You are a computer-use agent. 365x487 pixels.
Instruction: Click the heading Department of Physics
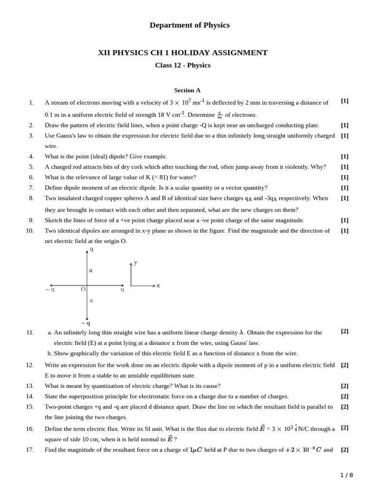pos(189,25)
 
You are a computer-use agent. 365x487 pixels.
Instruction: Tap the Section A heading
pos(187,90)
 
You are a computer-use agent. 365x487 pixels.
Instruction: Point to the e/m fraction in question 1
pos(220,115)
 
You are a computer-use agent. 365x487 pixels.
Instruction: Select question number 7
pos(31,188)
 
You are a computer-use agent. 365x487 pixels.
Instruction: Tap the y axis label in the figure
pos(136,262)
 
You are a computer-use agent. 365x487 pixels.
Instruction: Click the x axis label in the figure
pos(158,285)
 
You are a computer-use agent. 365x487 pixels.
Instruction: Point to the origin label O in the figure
pos(83,289)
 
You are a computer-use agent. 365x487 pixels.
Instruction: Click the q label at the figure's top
pos(91,249)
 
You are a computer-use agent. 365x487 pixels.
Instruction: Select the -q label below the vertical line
pos(86,323)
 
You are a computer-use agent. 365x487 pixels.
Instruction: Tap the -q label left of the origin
pos(50,290)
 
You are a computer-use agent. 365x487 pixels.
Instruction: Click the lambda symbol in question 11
pos(241,333)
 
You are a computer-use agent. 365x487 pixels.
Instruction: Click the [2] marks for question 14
pos(345,396)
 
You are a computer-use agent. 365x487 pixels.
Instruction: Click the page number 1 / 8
pos(346,475)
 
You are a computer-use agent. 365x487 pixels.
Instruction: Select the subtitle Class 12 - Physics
pos(182,65)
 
